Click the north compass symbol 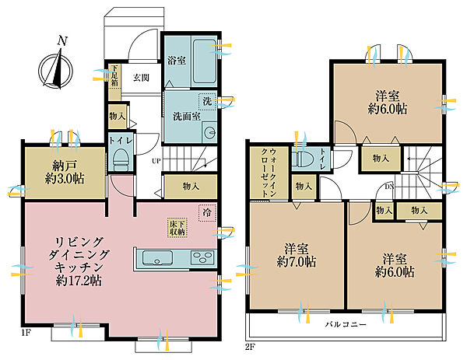tap(56, 68)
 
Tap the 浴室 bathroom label tap(177, 61)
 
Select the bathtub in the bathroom tap(204, 61)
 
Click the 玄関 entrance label tap(141, 78)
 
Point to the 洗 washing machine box tap(207, 101)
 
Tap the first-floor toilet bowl tap(121, 160)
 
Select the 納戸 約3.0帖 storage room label tap(65, 173)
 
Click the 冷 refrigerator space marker tap(207, 213)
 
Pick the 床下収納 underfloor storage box tap(177, 228)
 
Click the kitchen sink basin tap(157, 257)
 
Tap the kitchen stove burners tap(202, 257)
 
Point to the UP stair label tap(156, 161)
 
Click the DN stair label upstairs tap(389, 187)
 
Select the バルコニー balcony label tap(346, 324)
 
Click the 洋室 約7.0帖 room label tap(297, 255)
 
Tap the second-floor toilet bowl tap(302, 159)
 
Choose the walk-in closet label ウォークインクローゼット tap(269, 173)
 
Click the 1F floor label tap(26, 333)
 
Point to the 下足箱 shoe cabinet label tap(114, 75)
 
